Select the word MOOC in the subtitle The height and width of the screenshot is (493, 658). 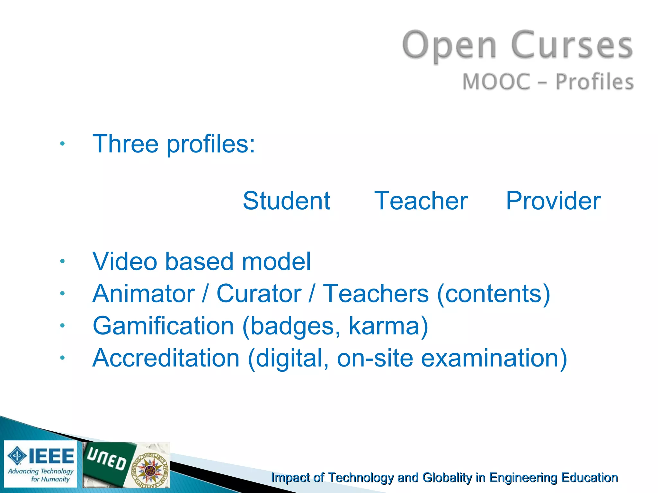[496, 82]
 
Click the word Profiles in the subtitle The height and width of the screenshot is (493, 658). [594, 82]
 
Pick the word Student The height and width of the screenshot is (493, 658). [286, 201]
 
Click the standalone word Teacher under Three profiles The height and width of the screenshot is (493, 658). [421, 201]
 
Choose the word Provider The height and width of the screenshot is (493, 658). [553, 201]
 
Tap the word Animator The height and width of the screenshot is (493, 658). [144, 293]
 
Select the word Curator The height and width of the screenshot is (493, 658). [259, 293]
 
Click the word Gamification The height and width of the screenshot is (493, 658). [163, 326]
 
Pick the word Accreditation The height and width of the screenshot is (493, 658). [166, 358]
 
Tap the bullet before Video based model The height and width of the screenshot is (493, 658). [62, 261]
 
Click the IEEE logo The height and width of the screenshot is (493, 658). [40, 464]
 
